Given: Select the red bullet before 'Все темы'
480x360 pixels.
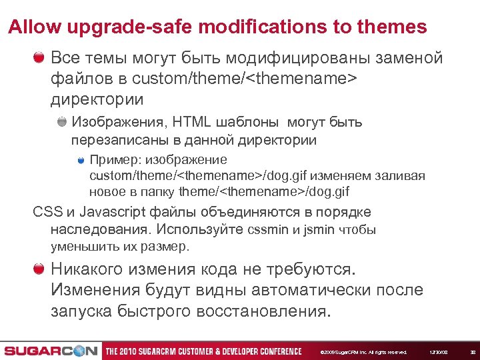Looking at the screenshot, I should [x=39, y=57].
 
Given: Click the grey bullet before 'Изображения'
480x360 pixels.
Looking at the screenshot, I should [x=62, y=122].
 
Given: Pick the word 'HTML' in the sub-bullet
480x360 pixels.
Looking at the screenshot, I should [x=191, y=123].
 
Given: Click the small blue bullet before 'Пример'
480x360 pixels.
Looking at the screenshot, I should [x=81, y=160].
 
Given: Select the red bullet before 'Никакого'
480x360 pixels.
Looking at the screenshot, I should [x=39, y=269].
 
